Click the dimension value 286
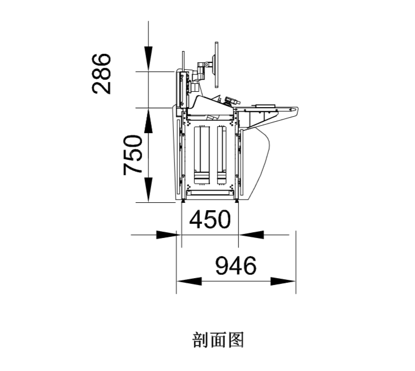pos(101,74)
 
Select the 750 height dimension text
pos(133,155)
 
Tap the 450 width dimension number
pos(210,219)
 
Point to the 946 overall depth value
pos(236,265)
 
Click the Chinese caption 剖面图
pos(218,340)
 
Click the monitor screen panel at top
pos(216,65)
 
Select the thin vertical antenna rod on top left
pos(183,61)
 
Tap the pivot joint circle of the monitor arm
pos(207,64)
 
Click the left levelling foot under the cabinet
pos(183,201)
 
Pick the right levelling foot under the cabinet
pos(237,201)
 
